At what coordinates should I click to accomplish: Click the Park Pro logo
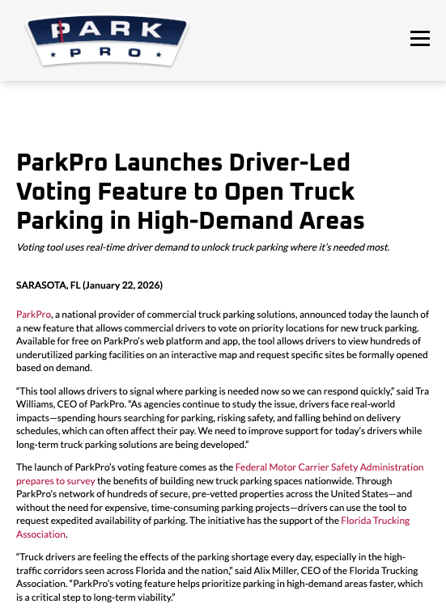[107, 40]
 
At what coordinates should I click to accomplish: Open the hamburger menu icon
[419, 39]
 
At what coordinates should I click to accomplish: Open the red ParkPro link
[34, 314]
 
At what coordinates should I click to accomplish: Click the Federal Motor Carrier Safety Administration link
[329, 467]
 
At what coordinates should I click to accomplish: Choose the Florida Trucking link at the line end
[375, 521]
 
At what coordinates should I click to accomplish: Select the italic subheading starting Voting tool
[202, 247]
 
